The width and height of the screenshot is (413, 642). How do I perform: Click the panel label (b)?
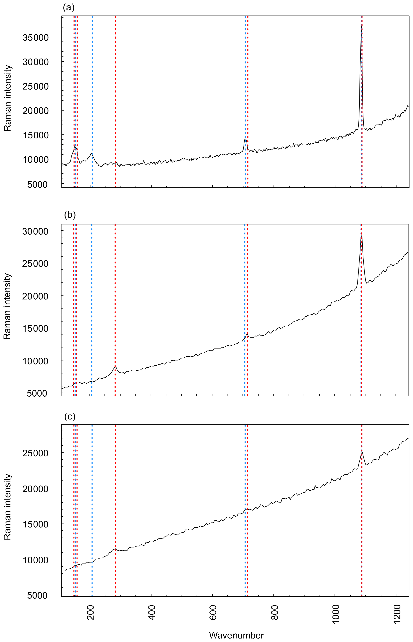coord(70,215)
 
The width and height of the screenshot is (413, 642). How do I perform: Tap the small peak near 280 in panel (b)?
coord(115,367)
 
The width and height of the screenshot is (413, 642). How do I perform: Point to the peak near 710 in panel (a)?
coord(245,139)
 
